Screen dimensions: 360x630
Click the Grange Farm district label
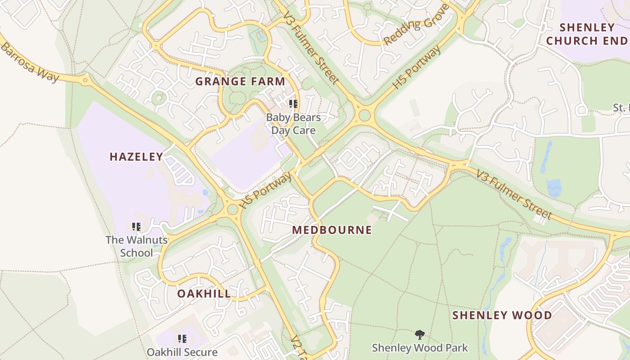[x=240, y=81]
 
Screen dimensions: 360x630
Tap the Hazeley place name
[x=136, y=157]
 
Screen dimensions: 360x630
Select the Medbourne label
[x=332, y=230]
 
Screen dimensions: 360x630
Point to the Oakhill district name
[x=204, y=294]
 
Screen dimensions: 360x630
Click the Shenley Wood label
[x=502, y=315]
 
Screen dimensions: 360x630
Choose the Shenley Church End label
[x=586, y=34]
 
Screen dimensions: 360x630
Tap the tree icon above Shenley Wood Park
[x=419, y=335]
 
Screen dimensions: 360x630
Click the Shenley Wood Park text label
[x=419, y=348]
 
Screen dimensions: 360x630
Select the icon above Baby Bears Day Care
[x=293, y=104]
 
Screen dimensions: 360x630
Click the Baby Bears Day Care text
[x=293, y=124]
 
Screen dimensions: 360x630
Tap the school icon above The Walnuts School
[x=136, y=227]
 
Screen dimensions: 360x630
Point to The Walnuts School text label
[x=136, y=246]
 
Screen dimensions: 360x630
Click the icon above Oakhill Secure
[x=182, y=339]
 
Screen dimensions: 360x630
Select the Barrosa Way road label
[x=29, y=62]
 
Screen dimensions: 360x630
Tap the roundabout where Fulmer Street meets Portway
[x=364, y=116]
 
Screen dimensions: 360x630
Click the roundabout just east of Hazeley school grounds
[x=233, y=209]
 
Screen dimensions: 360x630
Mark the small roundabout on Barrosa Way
[x=85, y=81]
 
